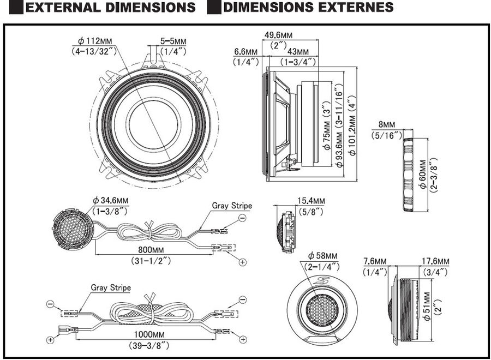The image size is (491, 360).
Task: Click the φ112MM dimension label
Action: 95,40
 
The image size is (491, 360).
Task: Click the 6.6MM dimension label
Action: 245,51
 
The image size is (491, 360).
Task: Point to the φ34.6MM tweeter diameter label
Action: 110,201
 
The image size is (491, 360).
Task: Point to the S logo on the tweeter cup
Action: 322,281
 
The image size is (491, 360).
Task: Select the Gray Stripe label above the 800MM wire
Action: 232,206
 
